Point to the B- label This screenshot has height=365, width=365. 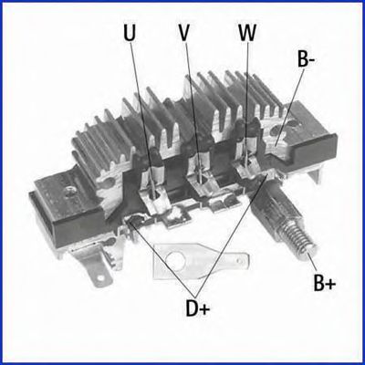click(x=307, y=58)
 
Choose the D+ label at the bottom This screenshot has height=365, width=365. click(x=198, y=308)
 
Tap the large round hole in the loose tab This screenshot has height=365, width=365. click(x=175, y=259)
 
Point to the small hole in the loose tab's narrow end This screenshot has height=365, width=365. click(x=240, y=261)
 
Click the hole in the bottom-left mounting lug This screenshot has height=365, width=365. click(x=99, y=278)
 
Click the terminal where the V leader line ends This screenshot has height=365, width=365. click(x=201, y=182)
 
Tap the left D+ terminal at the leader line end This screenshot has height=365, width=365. click(x=133, y=221)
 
